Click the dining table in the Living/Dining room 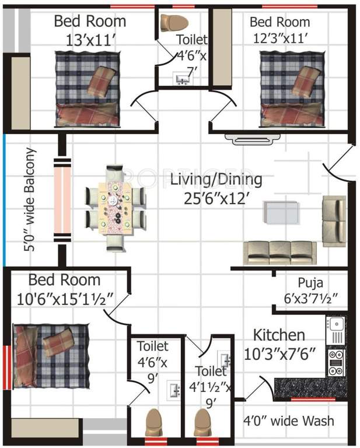(114, 208)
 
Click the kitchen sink (337, 330)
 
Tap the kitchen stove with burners (336, 362)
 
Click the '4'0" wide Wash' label (288, 421)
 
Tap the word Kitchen (278, 335)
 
